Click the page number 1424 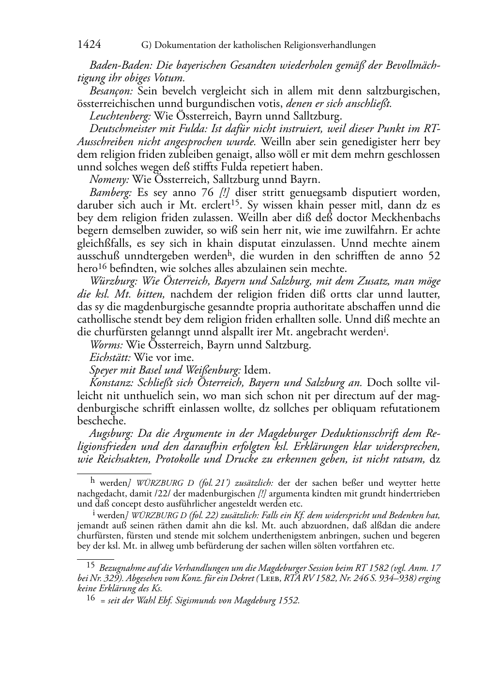tap(89, 45)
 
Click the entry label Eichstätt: tap(110, 358)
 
